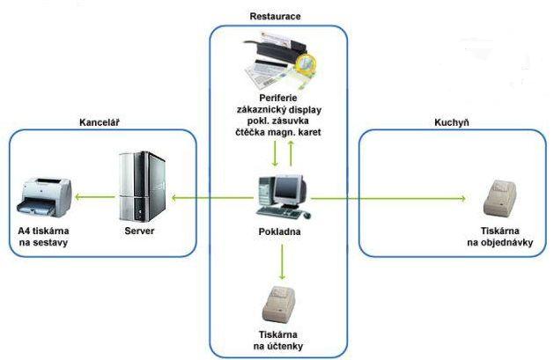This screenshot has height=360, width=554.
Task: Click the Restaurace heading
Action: click(277, 17)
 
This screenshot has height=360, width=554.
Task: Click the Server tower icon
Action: click(142, 186)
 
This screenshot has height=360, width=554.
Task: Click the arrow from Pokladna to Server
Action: click(211, 198)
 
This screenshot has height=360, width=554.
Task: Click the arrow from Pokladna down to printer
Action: click(282, 260)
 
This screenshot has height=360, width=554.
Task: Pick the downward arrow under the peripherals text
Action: click(274, 151)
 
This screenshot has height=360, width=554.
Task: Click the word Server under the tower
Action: click(141, 230)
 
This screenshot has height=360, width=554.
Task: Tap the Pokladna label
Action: click(282, 231)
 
